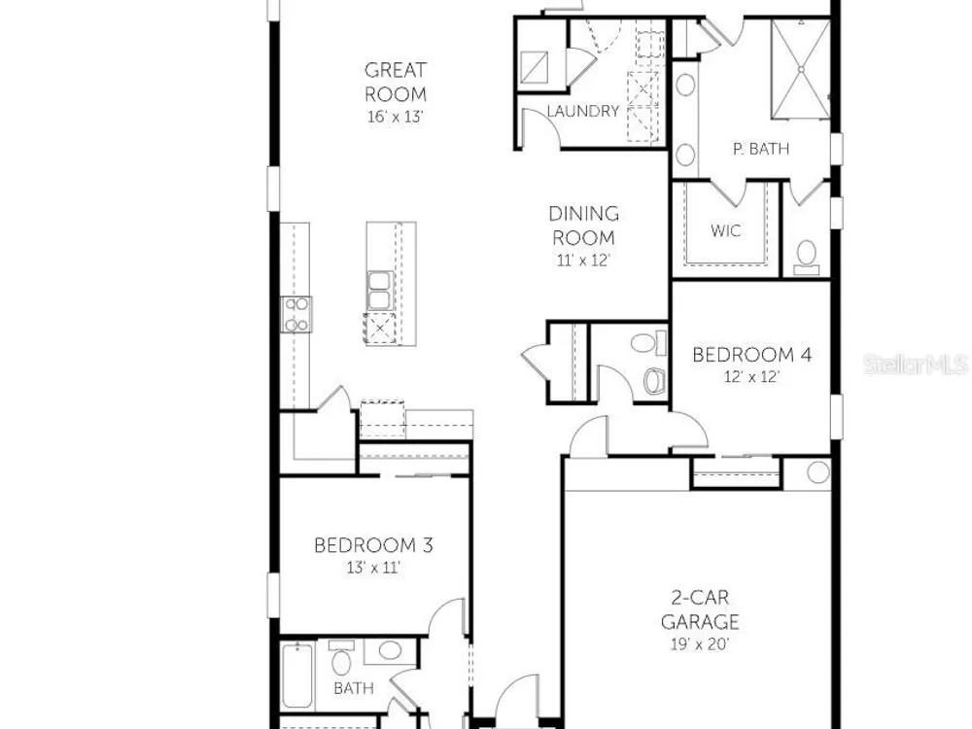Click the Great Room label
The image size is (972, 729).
coord(396,82)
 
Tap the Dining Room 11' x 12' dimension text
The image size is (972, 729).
coord(583,260)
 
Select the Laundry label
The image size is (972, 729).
coord(582,111)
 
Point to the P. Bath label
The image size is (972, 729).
coord(761,149)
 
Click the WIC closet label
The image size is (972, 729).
coord(725,230)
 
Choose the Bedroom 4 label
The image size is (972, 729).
coord(751,355)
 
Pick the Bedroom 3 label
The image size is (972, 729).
coord(373,545)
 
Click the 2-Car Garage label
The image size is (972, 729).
coord(699,609)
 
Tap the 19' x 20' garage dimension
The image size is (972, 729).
coord(699,644)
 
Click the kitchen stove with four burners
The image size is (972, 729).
coord(296,314)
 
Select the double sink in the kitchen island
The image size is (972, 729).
coord(379,291)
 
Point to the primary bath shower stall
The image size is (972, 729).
coord(800,69)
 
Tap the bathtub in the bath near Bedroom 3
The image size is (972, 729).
coord(296,676)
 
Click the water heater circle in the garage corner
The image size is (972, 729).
coord(818,472)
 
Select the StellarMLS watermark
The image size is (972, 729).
coord(916,364)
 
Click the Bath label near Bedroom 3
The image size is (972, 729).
coord(354,688)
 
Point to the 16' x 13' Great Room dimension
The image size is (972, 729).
coord(396,117)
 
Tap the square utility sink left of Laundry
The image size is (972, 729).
coord(534,67)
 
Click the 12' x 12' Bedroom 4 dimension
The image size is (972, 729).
coord(751,376)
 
